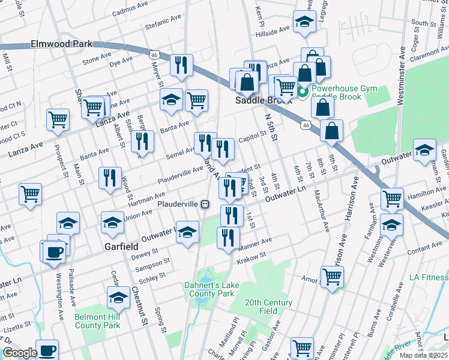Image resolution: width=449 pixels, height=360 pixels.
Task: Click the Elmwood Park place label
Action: (x=62, y=44)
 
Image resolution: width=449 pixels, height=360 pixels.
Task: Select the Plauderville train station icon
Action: (x=205, y=204)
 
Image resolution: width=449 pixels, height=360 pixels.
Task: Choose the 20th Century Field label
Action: (x=268, y=307)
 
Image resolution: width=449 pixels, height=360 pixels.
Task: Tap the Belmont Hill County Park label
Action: (x=97, y=321)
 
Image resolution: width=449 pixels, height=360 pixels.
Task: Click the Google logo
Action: (x=19, y=353)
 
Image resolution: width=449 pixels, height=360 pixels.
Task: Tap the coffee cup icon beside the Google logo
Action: (x=47, y=350)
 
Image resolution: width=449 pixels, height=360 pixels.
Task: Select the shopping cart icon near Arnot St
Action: (x=332, y=277)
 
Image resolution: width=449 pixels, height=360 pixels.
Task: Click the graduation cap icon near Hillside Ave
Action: (x=304, y=22)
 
